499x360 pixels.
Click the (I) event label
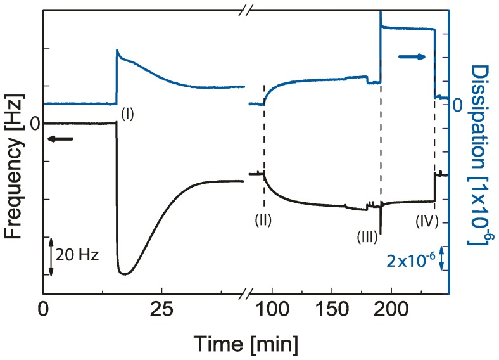coord(128,113)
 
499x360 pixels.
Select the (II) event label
coord(263,221)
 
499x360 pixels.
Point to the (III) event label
coord(367,237)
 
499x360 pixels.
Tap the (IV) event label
coord(427,222)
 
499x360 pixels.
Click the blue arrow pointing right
coord(412,57)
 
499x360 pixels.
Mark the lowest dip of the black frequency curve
coord(125,274)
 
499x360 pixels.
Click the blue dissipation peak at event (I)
coord(117,51)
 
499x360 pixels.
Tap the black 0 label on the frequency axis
coord(34,123)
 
